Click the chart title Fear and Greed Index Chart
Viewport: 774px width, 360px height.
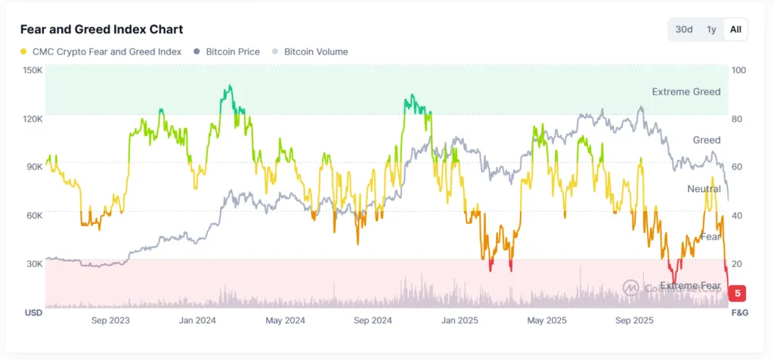[x=101, y=29]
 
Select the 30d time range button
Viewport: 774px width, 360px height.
[x=683, y=29]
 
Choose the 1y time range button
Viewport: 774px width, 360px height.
[x=711, y=29]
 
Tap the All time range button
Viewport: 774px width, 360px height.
[x=735, y=29]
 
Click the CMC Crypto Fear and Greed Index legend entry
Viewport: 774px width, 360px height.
[x=101, y=51]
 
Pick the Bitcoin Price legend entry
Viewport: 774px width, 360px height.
[x=227, y=51]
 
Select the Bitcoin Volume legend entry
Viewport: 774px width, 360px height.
[x=310, y=51]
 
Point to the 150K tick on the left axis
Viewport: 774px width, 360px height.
[x=33, y=70]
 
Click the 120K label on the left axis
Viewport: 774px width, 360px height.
[x=33, y=119]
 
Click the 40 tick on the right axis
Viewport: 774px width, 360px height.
[x=737, y=216]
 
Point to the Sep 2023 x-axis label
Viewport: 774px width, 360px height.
[x=110, y=321]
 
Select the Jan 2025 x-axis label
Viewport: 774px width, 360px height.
[x=460, y=321]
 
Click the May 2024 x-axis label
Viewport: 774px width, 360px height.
[x=285, y=321]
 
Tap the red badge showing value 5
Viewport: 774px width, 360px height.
[x=738, y=293]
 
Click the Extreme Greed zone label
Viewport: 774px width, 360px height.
[x=686, y=92]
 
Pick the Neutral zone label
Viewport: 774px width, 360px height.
[x=704, y=188]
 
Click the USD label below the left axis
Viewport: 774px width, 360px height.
[x=33, y=312]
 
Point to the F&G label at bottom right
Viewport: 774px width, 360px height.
[x=739, y=312]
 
